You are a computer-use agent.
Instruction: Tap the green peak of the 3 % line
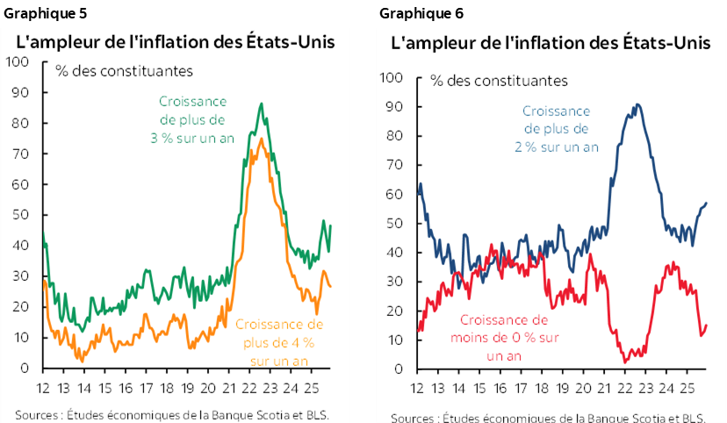point(261,104)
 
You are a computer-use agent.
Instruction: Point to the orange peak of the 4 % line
point(261,138)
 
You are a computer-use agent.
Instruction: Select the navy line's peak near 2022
point(637,104)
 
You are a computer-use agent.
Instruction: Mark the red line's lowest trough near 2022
point(624,362)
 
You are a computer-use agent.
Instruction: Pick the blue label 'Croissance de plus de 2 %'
point(557,129)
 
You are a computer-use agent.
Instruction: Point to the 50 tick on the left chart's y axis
point(21,215)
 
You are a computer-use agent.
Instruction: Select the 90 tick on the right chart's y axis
point(394,106)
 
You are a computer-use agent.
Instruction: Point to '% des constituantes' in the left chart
point(124,71)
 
